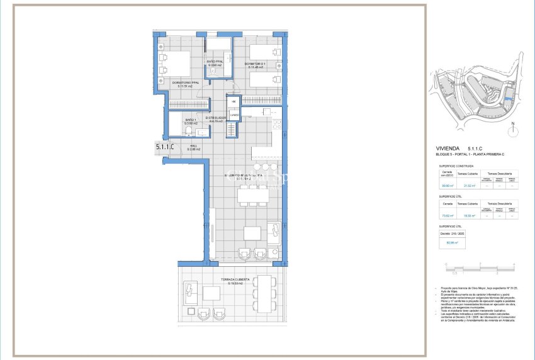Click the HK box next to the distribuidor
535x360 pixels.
234,101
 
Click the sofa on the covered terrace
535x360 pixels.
190,295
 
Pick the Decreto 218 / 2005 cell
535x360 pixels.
449,233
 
